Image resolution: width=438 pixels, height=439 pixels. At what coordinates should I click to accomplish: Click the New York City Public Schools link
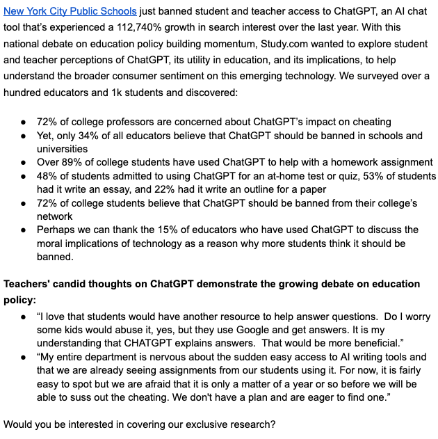pos(70,12)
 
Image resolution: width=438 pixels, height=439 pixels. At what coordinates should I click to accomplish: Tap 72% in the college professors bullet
pos(47,122)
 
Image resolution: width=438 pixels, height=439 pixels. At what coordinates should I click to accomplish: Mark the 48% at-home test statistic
pos(47,176)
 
